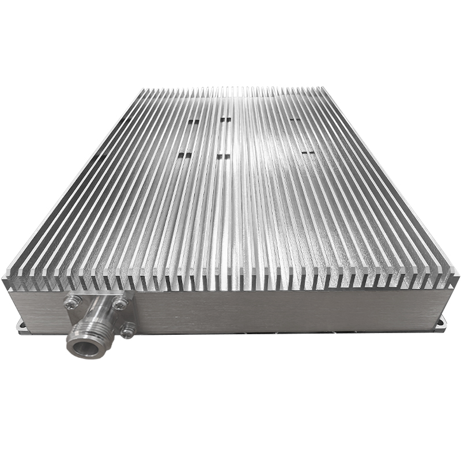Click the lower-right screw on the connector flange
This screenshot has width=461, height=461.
tap(127, 330)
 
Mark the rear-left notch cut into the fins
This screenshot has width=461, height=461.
tap(194, 122)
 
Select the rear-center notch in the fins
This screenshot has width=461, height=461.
tap(225, 120)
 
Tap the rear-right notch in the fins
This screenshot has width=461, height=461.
tap(295, 120)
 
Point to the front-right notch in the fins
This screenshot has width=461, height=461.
tap(308, 153)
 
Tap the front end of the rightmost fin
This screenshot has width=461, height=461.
tap(453, 279)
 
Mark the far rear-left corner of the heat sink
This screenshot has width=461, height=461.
tap(142, 90)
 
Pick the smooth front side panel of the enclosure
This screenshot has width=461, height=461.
tap(277, 311)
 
